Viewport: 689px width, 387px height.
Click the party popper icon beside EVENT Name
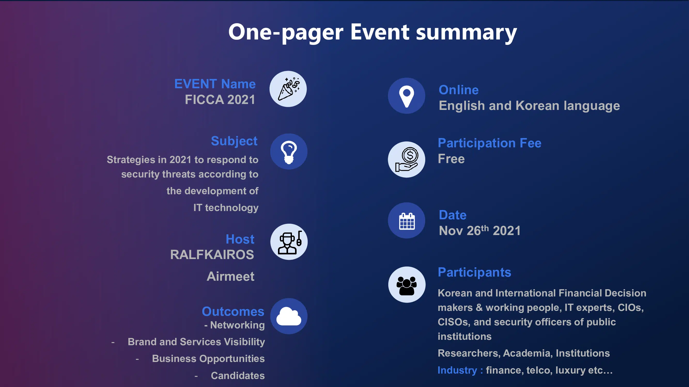click(x=288, y=89)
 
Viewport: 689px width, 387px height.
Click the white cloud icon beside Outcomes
click(x=289, y=316)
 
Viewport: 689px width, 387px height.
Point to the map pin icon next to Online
click(x=407, y=96)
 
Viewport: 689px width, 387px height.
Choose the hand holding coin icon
click(x=407, y=159)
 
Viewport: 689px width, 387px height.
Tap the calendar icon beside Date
click(x=407, y=221)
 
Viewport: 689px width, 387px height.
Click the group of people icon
click(x=407, y=285)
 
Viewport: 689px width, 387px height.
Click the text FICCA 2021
click(x=220, y=100)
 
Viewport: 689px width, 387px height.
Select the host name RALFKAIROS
click(x=212, y=255)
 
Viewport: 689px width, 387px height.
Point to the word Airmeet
click(x=230, y=276)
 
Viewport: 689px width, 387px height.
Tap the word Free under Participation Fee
click(x=451, y=159)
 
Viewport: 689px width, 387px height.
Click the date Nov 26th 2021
click(x=480, y=230)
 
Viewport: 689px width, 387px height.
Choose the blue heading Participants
click(x=475, y=272)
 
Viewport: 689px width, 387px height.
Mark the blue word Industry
click(x=457, y=370)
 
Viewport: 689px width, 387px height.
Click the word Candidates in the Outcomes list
click(x=238, y=375)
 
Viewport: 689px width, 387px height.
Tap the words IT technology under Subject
click(x=226, y=208)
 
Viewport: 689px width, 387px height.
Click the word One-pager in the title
click(x=286, y=33)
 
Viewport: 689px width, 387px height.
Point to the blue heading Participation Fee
click(x=490, y=143)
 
